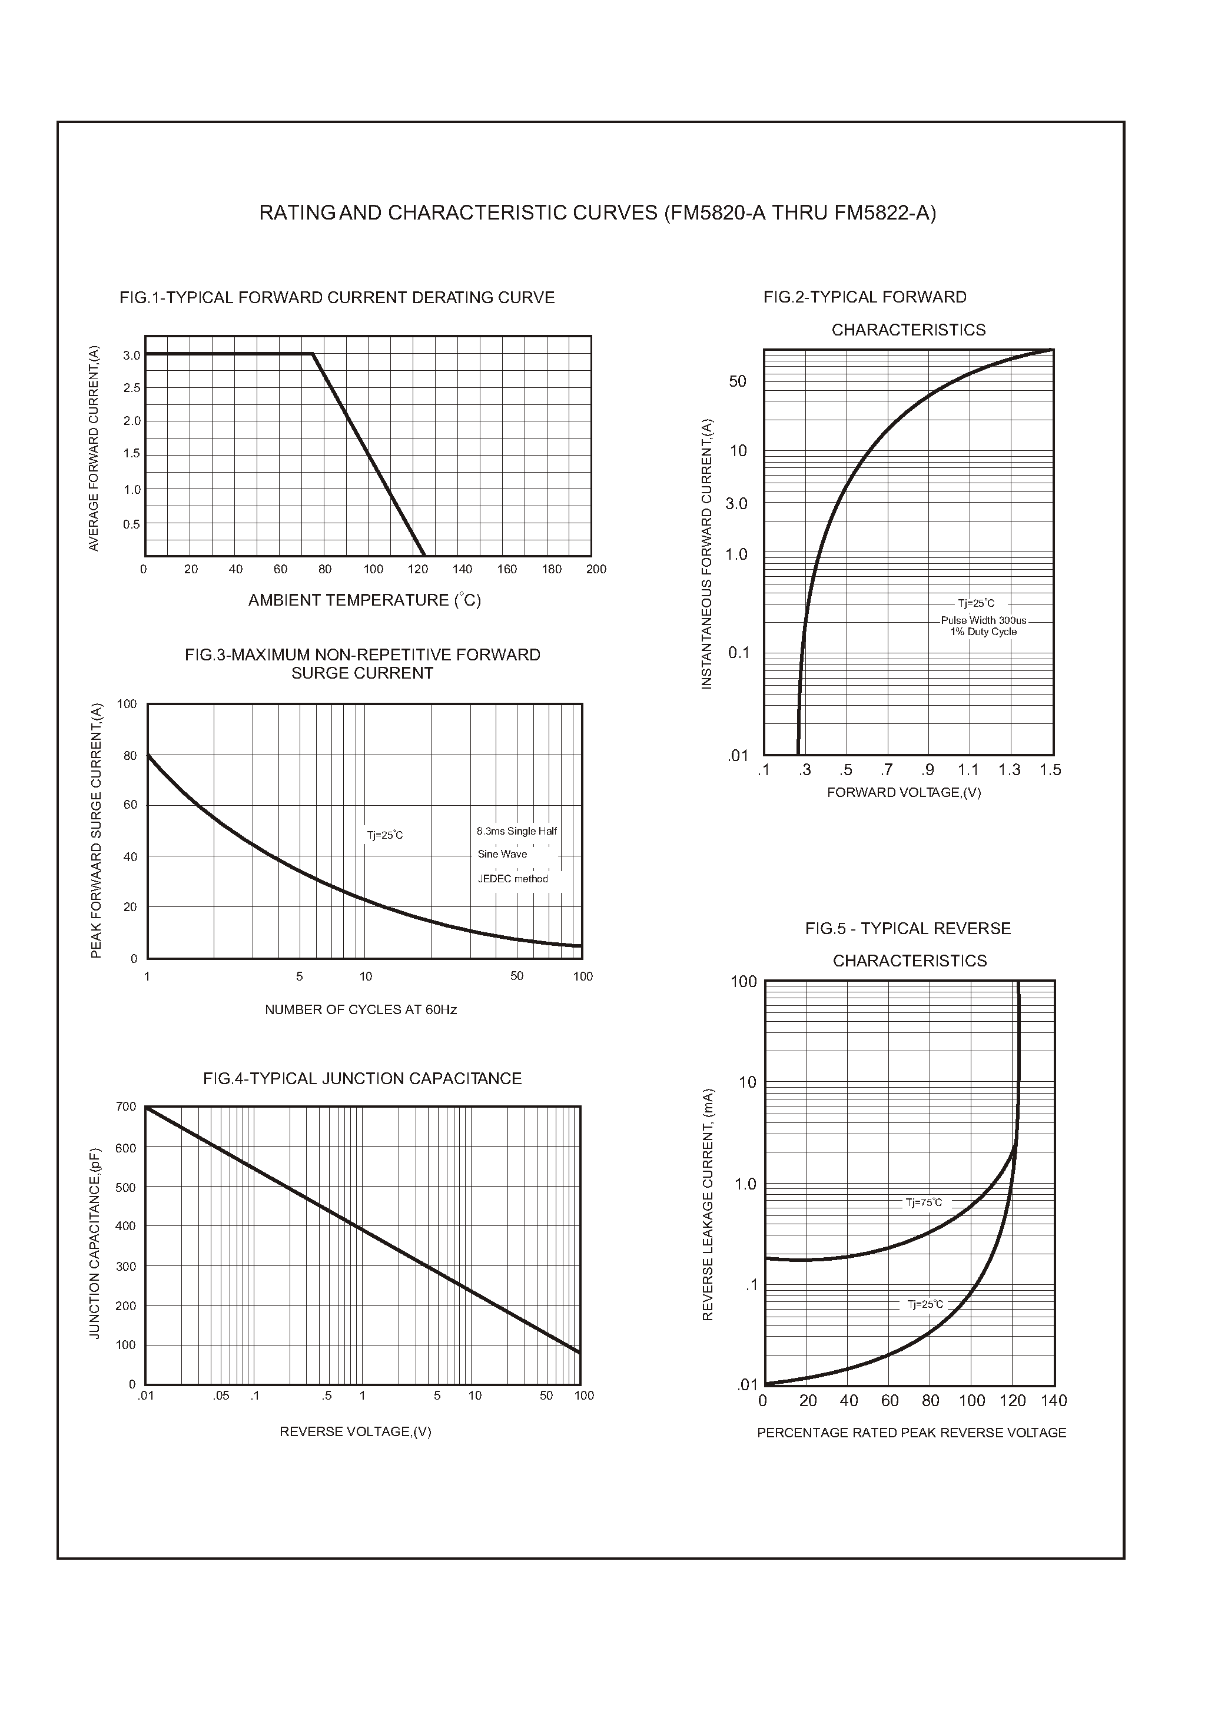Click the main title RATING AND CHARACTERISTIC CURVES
[x=597, y=214]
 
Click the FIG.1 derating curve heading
[x=337, y=298]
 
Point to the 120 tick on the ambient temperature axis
[x=418, y=569]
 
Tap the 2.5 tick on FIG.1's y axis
[x=132, y=388]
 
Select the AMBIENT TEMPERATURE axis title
[x=364, y=600]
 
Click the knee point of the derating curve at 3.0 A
[x=312, y=354]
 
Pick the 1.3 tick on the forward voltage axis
[x=1009, y=770]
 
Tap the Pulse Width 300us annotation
[x=983, y=621]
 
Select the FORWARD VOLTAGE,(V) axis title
[x=904, y=793]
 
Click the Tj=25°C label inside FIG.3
[x=385, y=835]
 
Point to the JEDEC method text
[x=513, y=879]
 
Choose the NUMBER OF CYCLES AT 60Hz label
[x=361, y=1010]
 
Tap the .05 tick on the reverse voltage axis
[x=221, y=1396]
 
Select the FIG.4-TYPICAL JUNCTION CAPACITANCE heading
[x=362, y=1079]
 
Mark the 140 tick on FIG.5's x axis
[x=1054, y=1401]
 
